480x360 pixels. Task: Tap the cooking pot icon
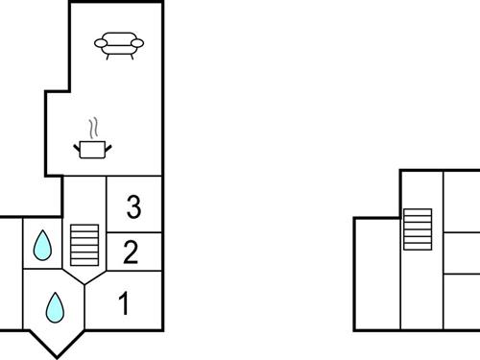(x=93, y=148)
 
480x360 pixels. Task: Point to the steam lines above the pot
(x=92, y=128)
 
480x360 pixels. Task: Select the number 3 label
(x=133, y=205)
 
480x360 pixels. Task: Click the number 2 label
(x=132, y=252)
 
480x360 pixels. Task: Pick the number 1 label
(x=124, y=304)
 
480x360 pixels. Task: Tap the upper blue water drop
(x=42, y=246)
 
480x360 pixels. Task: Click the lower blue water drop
(x=55, y=307)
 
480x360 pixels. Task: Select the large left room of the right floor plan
(x=377, y=274)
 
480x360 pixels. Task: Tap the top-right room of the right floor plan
(x=461, y=201)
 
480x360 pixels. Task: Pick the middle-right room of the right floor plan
(x=461, y=252)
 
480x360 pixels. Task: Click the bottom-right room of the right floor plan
(x=461, y=302)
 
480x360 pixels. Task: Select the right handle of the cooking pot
(x=109, y=146)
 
